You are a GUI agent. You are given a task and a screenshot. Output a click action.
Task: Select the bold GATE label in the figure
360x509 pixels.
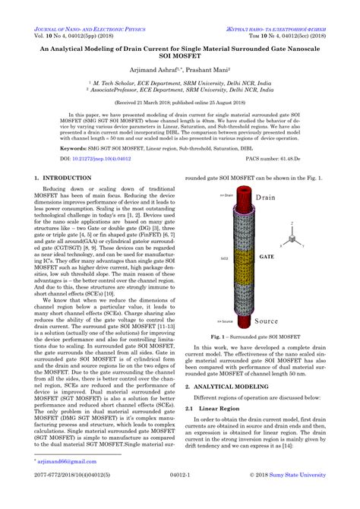coord(267,258)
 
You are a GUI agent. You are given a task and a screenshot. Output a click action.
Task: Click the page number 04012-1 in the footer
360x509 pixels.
coord(180,498)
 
